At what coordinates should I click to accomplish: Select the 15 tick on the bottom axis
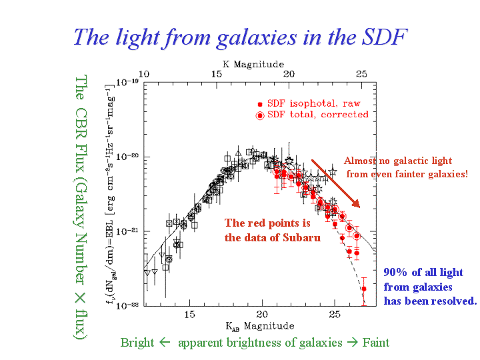tap(189, 313)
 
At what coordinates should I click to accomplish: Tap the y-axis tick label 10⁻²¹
tap(127, 231)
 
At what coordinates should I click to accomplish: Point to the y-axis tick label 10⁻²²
tap(127, 305)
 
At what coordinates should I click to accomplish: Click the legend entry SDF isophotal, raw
tap(313, 104)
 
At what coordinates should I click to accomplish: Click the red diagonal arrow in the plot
tap(336, 183)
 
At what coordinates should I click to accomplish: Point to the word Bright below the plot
tap(137, 343)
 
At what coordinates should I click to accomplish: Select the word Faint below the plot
tap(376, 343)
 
